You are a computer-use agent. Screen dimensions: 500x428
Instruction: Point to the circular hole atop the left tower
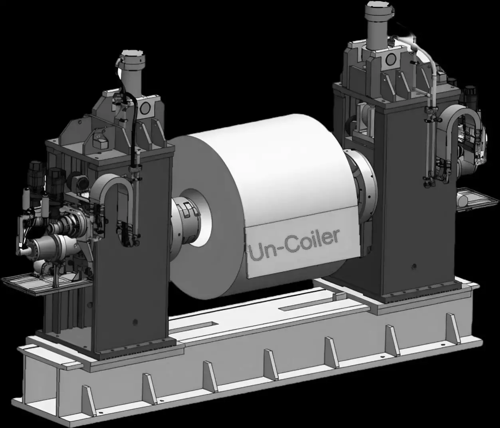[146, 107]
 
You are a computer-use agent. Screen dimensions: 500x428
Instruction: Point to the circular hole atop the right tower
[391, 59]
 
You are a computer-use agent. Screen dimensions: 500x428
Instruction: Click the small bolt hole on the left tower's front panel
[135, 322]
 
